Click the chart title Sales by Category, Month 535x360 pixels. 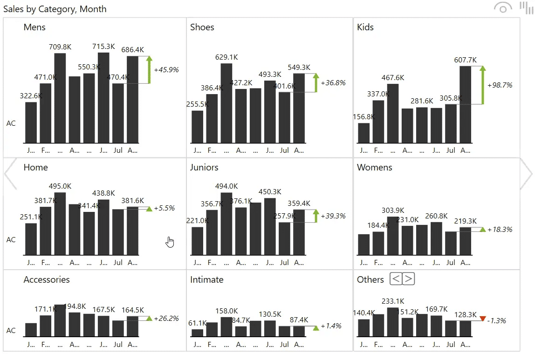coord(55,9)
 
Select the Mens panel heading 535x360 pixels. coord(34,27)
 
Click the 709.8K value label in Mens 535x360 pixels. coord(60,47)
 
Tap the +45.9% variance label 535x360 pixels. coord(166,69)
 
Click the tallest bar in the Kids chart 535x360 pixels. coord(465,104)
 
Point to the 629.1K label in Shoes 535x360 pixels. coord(226,57)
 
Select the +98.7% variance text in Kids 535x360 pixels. coord(500,85)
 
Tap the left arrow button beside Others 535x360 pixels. coord(396,279)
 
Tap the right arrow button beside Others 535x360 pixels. coord(408,279)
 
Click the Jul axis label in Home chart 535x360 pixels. coord(118,263)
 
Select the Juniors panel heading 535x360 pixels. coord(204,167)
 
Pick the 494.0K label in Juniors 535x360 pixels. coord(226,186)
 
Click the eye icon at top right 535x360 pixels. coord(502,8)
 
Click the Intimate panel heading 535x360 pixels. coord(206,279)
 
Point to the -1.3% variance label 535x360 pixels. coord(496,321)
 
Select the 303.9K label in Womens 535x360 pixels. coord(393,211)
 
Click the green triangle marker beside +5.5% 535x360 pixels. coord(149,209)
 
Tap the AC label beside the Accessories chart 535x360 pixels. coord(11,330)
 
